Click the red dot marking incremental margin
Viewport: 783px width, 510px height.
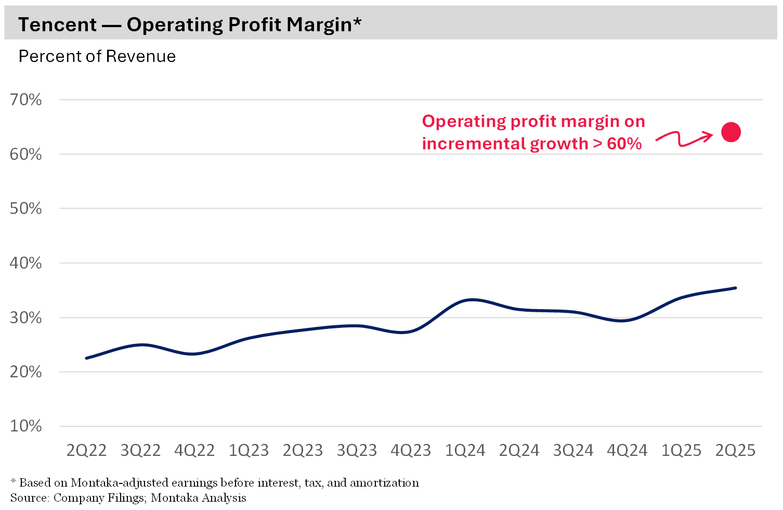tap(730, 132)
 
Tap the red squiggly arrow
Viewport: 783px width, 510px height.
tap(684, 138)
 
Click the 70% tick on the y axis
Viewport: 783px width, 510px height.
tap(25, 99)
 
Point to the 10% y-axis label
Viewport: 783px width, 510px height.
tap(25, 426)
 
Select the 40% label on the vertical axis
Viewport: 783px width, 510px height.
tap(25, 263)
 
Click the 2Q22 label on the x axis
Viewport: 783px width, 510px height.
tap(86, 450)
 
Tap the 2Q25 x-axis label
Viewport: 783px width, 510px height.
tap(735, 450)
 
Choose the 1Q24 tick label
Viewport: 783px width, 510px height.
tap(465, 450)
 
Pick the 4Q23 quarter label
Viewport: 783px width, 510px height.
tap(411, 450)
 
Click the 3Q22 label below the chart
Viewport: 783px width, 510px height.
tap(140, 450)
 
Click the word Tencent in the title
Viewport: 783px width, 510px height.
tap(57, 24)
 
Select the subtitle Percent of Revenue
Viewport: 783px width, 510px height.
tap(97, 56)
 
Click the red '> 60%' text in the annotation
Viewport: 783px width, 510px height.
tap(617, 144)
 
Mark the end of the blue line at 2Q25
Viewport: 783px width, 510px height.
tap(735, 288)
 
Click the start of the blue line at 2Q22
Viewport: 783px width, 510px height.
tap(86, 358)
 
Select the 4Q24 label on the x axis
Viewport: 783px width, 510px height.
tap(627, 450)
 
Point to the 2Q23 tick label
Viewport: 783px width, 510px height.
tap(303, 450)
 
